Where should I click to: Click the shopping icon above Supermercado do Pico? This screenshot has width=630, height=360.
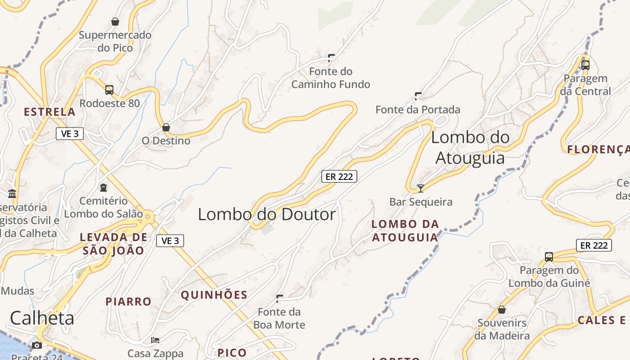[x=115, y=21]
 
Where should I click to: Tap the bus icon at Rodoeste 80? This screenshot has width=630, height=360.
[x=109, y=90]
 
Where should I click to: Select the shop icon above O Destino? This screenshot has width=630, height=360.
[x=166, y=127]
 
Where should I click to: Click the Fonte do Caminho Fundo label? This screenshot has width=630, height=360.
[x=331, y=78]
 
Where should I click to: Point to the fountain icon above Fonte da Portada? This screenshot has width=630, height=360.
[x=418, y=96]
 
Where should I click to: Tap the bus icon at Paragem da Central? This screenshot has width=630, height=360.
[x=585, y=65]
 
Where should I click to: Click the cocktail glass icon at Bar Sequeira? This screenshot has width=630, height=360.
[x=421, y=188]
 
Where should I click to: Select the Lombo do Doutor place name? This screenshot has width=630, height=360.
[x=267, y=214]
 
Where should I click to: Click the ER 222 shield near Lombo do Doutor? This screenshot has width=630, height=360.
[x=339, y=176]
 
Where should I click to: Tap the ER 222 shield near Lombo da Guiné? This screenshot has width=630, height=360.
[x=594, y=245]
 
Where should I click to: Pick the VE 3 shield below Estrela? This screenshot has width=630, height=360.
[x=70, y=133]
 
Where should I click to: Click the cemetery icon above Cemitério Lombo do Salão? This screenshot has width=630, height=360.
[x=103, y=187]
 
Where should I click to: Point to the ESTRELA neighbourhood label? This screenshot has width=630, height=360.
[x=49, y=112]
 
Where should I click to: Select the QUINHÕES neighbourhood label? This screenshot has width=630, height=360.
[x=214, y=295]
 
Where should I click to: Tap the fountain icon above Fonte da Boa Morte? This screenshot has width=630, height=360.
[x=279, y=298]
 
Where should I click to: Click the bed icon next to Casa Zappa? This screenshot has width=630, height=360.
[x=155, y=340]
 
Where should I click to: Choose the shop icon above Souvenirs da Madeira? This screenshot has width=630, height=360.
[x=502, y=310]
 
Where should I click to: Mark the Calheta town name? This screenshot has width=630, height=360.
[x=42, y=318]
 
